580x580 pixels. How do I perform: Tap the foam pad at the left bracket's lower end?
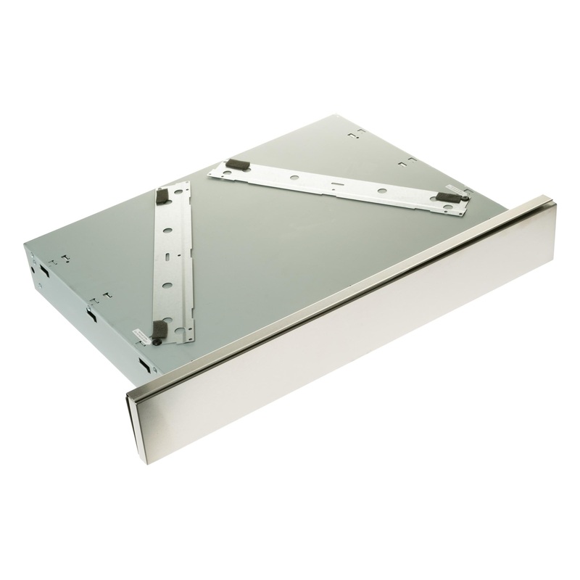pyautogui.click(x=159, y=331)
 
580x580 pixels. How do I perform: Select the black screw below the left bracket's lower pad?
pyautogui.click(x=154, y=340)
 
